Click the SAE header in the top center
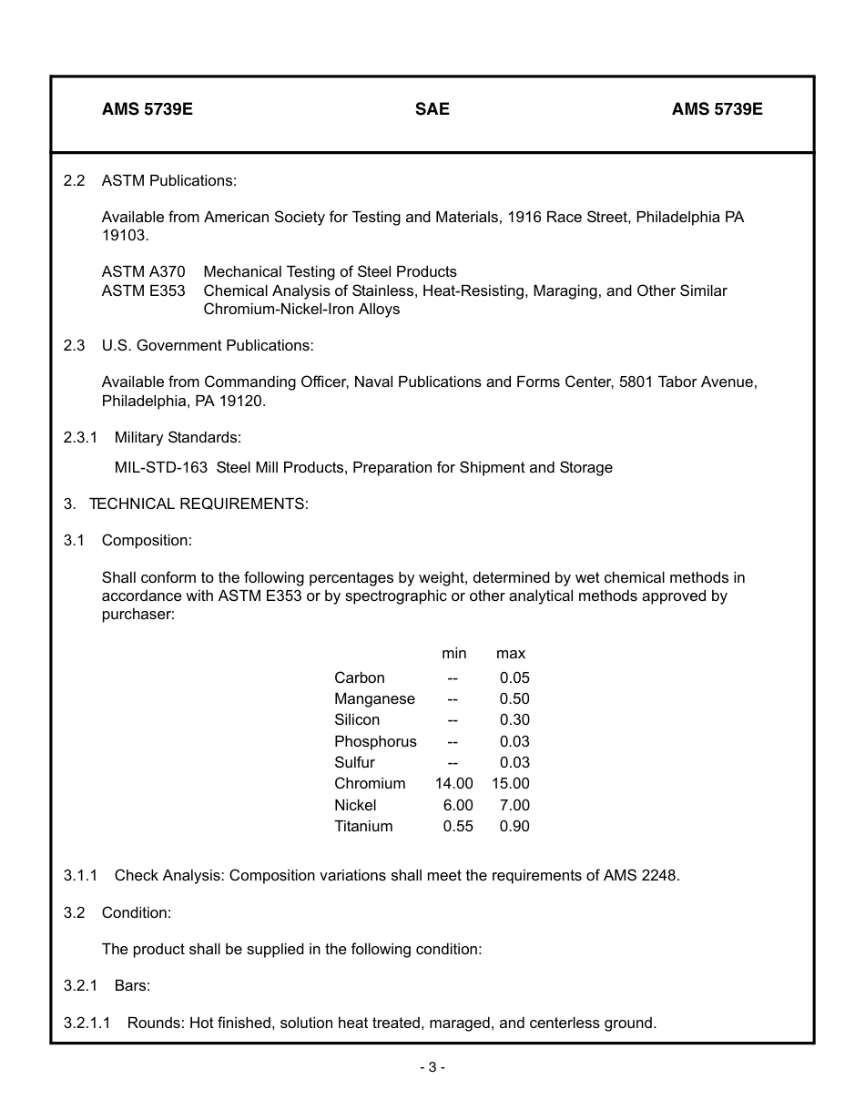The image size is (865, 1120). [432, 109]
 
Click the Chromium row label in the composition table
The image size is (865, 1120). [370, 783]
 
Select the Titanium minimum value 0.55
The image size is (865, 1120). [458, 826]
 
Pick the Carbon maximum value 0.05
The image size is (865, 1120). [514, 677]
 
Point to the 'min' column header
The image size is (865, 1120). [453, 653]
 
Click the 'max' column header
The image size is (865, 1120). [510, 653]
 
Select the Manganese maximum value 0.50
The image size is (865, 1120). [514, 698]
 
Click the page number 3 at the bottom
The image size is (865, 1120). [432, 1067]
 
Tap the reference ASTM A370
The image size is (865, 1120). [143, 271]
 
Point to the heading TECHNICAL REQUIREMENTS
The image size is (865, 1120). [198, 504]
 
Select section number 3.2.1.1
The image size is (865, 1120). [86, 1023]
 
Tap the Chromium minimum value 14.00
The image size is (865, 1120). [453, 783]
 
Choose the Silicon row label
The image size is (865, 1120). [357, 719]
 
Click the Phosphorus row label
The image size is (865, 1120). [375, 741]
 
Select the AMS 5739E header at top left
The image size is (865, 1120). [147, 109]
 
